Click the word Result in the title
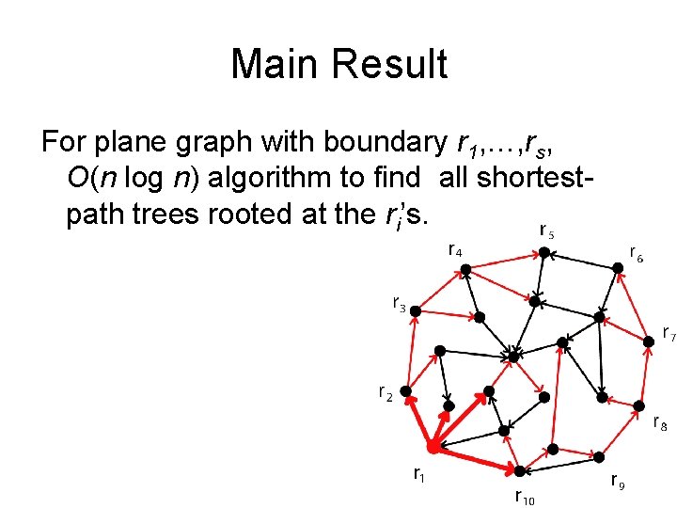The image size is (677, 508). point(394,66)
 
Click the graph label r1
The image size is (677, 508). point(419,475)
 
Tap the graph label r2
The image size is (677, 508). point(384,392)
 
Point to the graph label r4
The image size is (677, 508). point(454,250)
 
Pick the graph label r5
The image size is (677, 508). point(546,230)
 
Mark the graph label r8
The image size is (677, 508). point(660,423)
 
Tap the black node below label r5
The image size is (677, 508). point(543,252)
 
